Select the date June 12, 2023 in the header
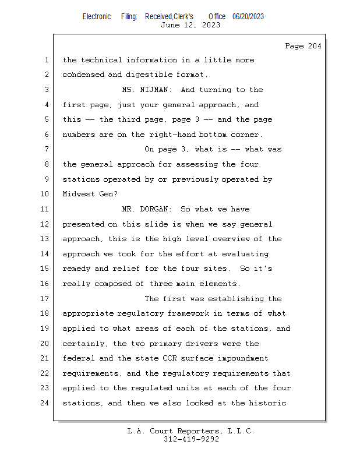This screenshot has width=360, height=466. coord(190,25)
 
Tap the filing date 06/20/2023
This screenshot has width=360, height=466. coord(248,17)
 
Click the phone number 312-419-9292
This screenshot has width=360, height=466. coord(190,439)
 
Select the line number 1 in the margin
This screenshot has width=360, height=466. coord(47,60)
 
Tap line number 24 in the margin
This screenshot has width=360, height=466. coord(45,403)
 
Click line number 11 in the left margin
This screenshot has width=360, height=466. coord(45,209)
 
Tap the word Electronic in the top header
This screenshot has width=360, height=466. coord(97,17)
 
